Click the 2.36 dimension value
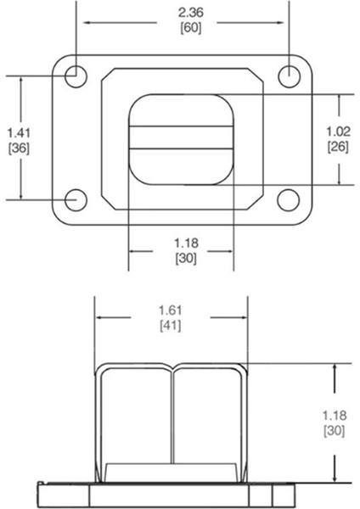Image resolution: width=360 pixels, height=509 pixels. tap(183, 13)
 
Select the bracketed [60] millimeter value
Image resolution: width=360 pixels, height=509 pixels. tap(183, 27)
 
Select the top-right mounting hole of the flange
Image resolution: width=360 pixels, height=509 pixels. tap(289, 74)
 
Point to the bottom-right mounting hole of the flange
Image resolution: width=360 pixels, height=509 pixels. tap(289, 199)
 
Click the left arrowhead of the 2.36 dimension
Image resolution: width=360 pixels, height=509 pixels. tap(82, 20)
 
